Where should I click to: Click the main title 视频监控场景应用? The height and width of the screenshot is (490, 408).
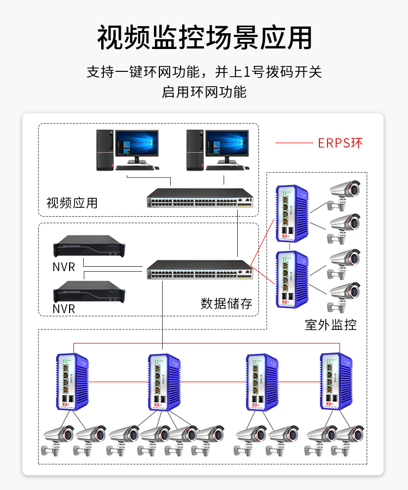[x=204, y=38]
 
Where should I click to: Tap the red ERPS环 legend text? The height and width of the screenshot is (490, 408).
[x=340, y=143]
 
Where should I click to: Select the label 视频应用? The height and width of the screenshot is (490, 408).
[x=72, y=203]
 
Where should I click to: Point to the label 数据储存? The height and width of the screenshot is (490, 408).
[x=226, y=303]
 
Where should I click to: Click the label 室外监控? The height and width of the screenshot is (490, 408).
[x=331, y=325]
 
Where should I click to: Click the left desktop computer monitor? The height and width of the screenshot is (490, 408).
[x=136, y=144]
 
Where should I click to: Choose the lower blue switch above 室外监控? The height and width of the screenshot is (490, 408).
[x=292, y=279]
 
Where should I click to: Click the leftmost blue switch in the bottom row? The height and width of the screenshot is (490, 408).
[x=72, y=382]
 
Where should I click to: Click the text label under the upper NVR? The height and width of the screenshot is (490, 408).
[x=64, y=267]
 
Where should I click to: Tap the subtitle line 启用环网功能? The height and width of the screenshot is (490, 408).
[x=204, y=91]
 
